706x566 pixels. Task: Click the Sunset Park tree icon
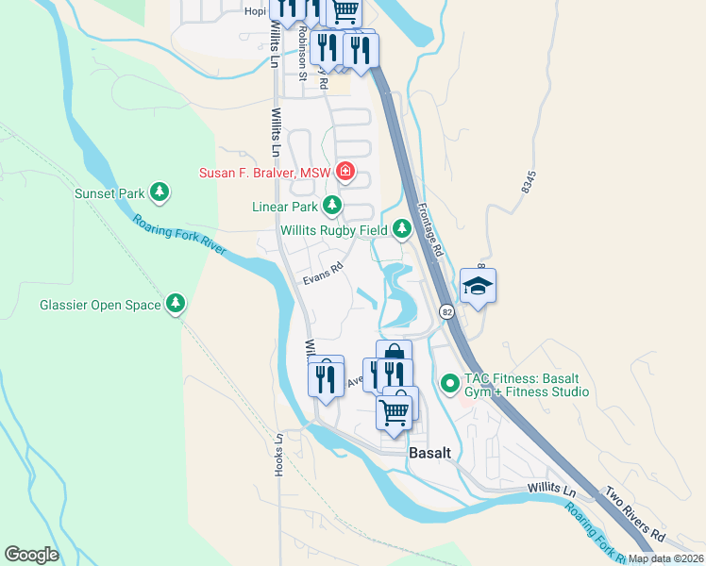tap(160, 193)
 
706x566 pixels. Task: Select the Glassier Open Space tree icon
tap(175, 304)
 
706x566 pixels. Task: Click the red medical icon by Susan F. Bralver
tap(345, 172)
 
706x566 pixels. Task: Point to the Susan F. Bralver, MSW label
tap(266, 173)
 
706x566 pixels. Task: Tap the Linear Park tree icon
tap(331, 205)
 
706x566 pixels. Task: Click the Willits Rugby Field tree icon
tap(402, 228)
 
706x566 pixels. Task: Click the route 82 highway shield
tap(446, 311)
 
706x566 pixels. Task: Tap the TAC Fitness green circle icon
tap(449, 384)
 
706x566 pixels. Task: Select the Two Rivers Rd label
tap(635, 513)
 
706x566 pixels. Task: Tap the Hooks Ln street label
tap(279, 455)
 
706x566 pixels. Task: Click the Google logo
tap(31, 555)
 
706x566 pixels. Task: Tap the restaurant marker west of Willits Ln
tap(326, 377)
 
